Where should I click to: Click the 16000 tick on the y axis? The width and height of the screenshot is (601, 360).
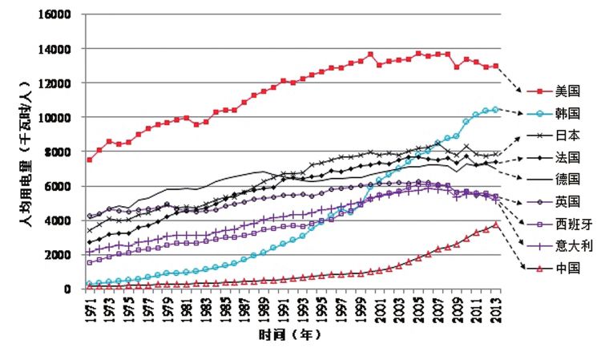[x=54, y=14]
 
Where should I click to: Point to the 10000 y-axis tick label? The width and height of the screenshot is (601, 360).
[x=54, y=117]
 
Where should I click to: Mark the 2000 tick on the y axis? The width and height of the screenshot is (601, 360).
[x=57, y=254]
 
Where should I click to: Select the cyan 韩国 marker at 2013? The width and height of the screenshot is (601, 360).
[x=496, y=109]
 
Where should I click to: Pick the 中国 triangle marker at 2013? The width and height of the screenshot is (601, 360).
[x=496, y=224]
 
